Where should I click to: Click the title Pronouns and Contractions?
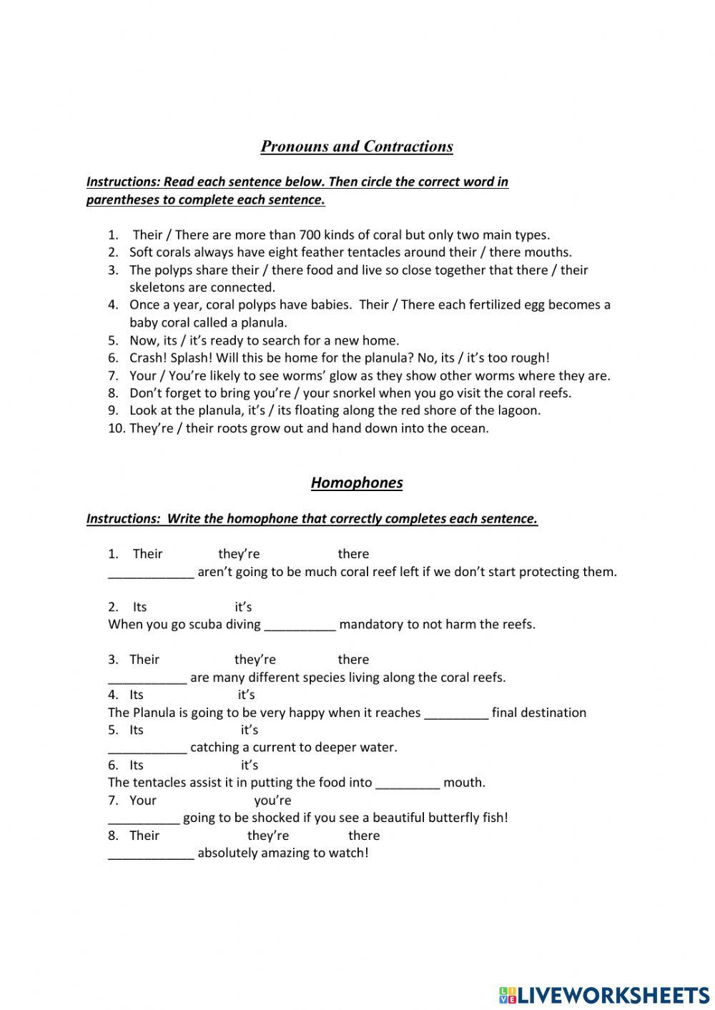point(357,147)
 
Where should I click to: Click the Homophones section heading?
point(357,483)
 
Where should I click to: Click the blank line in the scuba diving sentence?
point(300,625)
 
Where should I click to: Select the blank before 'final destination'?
point(456,713)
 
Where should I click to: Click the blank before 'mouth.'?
point(408,783)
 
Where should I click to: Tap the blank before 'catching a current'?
point(147,748)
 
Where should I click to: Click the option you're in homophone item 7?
point(272,801)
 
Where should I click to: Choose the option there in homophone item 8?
point(364,836)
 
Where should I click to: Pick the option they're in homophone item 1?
point(239,554)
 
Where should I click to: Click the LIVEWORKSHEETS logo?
point(603,994)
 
